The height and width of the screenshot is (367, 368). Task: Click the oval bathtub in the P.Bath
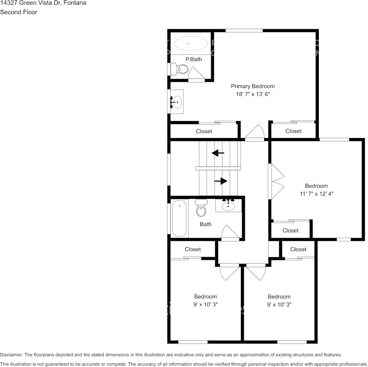click(x=190, y=43)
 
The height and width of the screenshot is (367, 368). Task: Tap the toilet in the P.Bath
click(x=180, y=69)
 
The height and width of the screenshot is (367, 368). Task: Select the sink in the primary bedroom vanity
click(x=176, y=102)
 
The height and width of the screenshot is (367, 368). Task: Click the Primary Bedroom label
click(x=253, y=86)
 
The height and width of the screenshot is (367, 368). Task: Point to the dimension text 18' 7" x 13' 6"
click(x=253, y=94)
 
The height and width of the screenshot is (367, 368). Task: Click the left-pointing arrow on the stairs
click(x=218, y=153)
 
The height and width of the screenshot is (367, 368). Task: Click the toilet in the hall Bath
click(x=201, y=208)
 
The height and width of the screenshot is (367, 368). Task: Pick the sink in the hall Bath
click(x=229, y=205)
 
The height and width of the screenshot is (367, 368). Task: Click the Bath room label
click(x=205, y=224)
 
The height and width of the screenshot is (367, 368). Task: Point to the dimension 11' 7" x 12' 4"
click(x=316, y=193)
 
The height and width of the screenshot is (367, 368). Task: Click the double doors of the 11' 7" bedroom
click(x=276, y=182)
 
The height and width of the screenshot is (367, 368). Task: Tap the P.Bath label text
click(x=193, y=59)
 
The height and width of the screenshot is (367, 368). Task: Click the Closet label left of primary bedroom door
click(x=204, y=131)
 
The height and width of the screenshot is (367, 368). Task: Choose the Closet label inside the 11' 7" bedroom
click(x=290, y=230)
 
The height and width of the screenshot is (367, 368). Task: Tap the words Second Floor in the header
click(x=19, y=12)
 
